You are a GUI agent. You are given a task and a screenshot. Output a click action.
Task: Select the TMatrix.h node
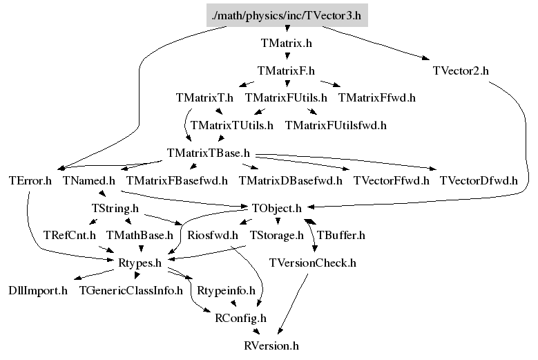[287, 43]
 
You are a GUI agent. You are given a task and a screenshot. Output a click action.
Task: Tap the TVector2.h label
[461, 70]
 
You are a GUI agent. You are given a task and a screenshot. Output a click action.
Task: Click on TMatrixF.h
[286, 70]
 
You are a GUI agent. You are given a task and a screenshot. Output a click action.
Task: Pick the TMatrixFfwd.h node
[376, 97]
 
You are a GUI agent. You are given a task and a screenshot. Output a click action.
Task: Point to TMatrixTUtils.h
[231, 125]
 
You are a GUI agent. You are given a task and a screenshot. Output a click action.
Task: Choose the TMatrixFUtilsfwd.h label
[336, 125]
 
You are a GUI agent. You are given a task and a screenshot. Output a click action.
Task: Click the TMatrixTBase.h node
[209, 152]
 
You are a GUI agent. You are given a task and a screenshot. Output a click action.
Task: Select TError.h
[30, 181]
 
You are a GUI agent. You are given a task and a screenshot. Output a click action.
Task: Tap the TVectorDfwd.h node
[479, 181]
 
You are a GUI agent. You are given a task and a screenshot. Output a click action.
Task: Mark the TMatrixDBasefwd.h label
[291, 181]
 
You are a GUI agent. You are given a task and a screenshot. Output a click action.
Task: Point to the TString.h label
[115, 207]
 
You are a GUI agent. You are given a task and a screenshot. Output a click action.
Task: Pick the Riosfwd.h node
[213, 235]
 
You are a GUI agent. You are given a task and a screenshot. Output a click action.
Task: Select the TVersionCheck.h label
[313, 263]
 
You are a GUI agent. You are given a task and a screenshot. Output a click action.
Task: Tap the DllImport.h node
[38, 290]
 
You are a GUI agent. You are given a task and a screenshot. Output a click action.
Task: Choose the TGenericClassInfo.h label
[131, 290]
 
